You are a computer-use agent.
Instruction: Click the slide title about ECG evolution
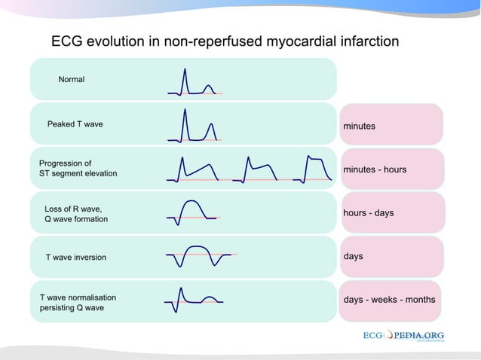[225, 41]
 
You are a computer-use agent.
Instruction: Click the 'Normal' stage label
[72, 79]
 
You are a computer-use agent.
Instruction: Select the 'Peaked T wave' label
[75, 124]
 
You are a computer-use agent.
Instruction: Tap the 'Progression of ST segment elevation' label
[78, 168]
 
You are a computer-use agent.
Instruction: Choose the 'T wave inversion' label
[75, 258]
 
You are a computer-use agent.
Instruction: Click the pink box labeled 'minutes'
[391, 125]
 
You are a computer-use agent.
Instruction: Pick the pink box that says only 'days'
[391, 257]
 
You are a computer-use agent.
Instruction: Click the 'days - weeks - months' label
[390, 300]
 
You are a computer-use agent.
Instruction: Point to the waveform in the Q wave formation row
[192, 212]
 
